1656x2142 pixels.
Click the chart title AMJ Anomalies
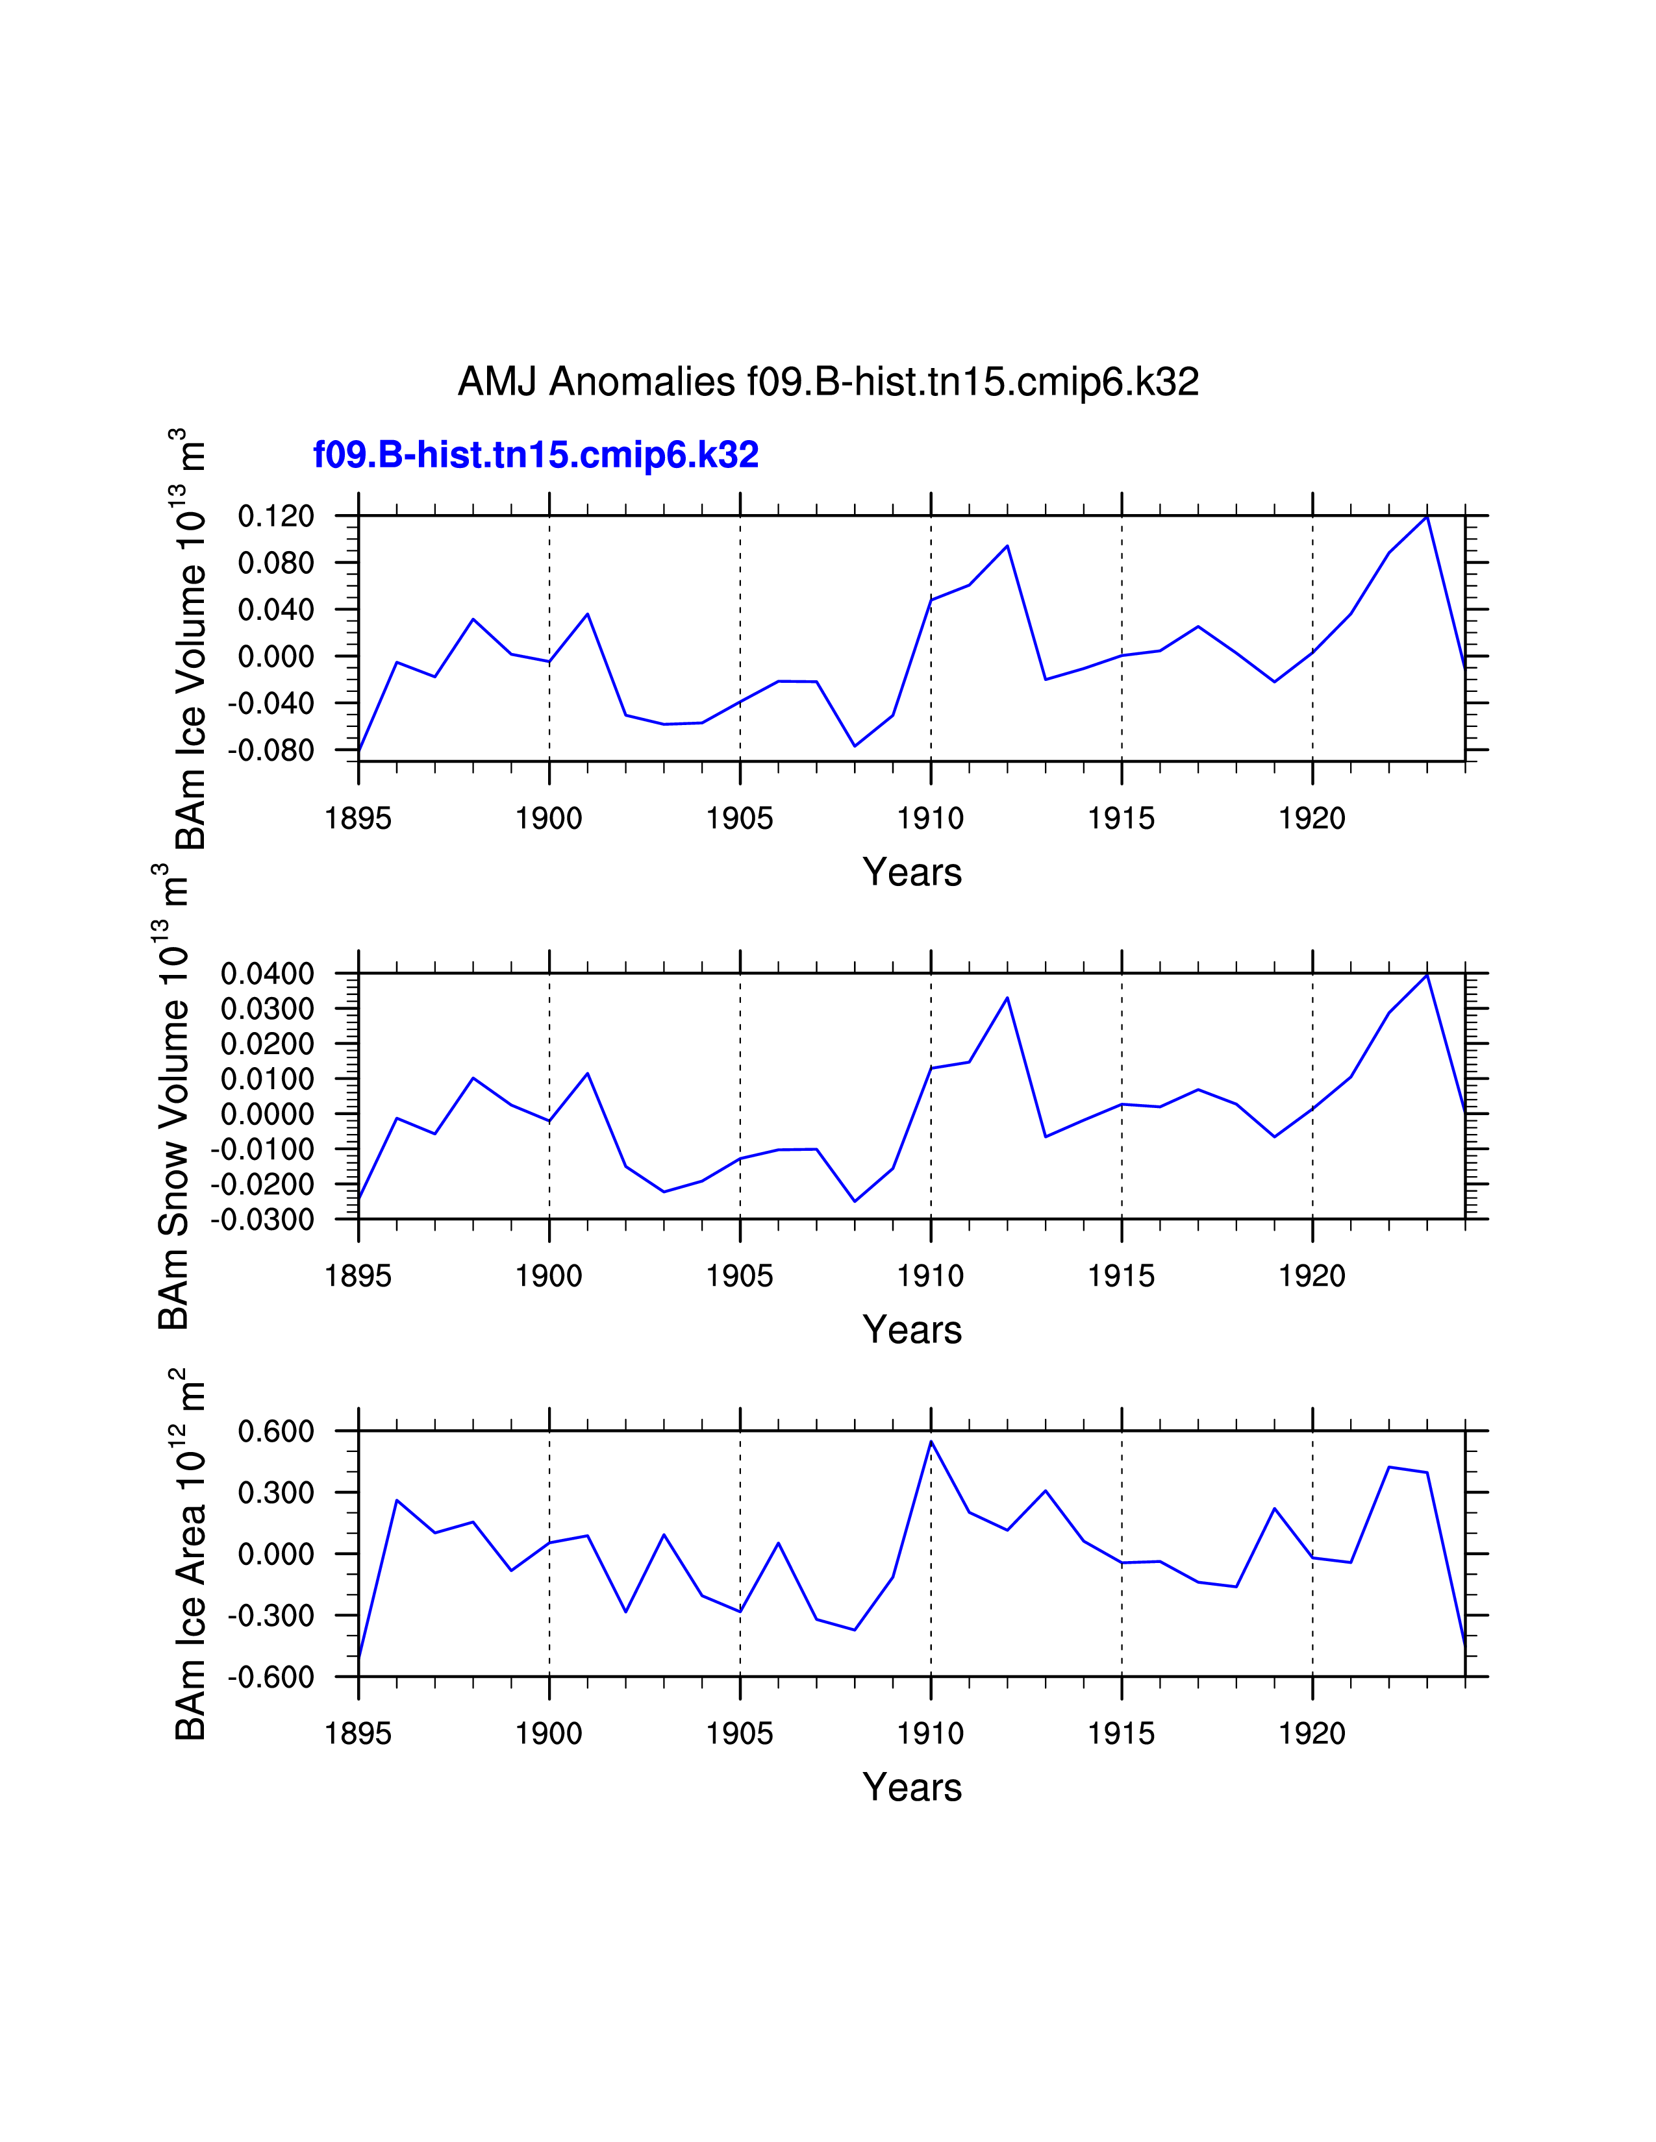point(828,382)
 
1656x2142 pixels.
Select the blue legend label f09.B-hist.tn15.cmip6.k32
point(536,455)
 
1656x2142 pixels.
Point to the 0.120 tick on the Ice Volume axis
point(275,516)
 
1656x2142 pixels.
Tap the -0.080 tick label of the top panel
point(271,750)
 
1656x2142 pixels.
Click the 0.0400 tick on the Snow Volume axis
point(267,974)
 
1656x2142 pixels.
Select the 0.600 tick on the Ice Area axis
point(275,1431)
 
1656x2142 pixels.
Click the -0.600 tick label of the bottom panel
point(271,1677)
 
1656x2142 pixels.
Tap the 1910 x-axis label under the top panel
point(930,818)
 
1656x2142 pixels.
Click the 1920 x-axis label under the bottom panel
point(1312,1734)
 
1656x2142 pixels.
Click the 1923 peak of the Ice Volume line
point(1427,516)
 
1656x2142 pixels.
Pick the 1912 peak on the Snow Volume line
point(1007,998)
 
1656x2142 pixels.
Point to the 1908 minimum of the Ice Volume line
point(855,746)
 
